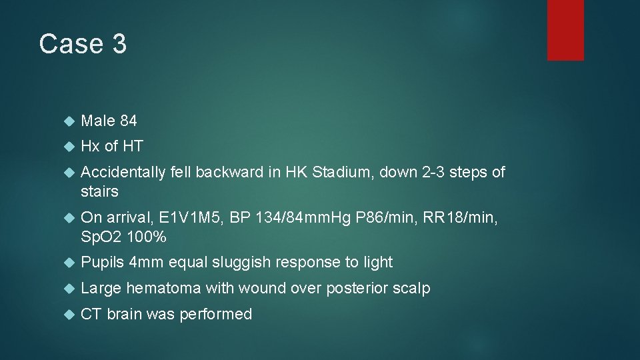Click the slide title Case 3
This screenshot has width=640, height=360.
[x=83, y=44]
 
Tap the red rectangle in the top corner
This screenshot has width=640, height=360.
[x=565, y=30]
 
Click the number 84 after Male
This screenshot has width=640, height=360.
[x=129, y=121]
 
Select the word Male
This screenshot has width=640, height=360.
[x=98, y=121]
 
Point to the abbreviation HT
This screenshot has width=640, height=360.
[x=133, y=146]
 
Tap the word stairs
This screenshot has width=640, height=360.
[x=99, y=191]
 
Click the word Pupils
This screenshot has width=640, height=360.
[x=102, y=262]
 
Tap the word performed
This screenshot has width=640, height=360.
[x=216, y=314]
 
